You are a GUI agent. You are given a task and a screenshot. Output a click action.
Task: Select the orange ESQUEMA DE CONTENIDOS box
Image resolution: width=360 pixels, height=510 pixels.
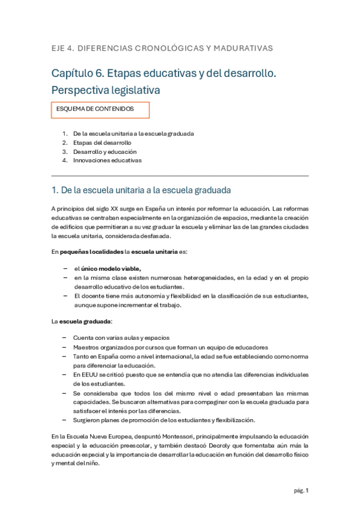pos(100,109)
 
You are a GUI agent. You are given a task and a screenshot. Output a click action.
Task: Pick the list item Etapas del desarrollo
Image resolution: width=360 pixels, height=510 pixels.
pos(102,143)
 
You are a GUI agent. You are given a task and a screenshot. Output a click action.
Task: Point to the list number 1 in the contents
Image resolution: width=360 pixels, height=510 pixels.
pos(64,134)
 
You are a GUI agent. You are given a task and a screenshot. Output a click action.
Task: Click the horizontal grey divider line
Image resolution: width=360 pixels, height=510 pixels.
pos(180,176)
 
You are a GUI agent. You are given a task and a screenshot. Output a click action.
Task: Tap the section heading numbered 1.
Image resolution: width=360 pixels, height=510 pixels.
pos(141,191)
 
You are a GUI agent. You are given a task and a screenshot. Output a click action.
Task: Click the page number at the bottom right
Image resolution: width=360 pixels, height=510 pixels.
pos(307,491)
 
